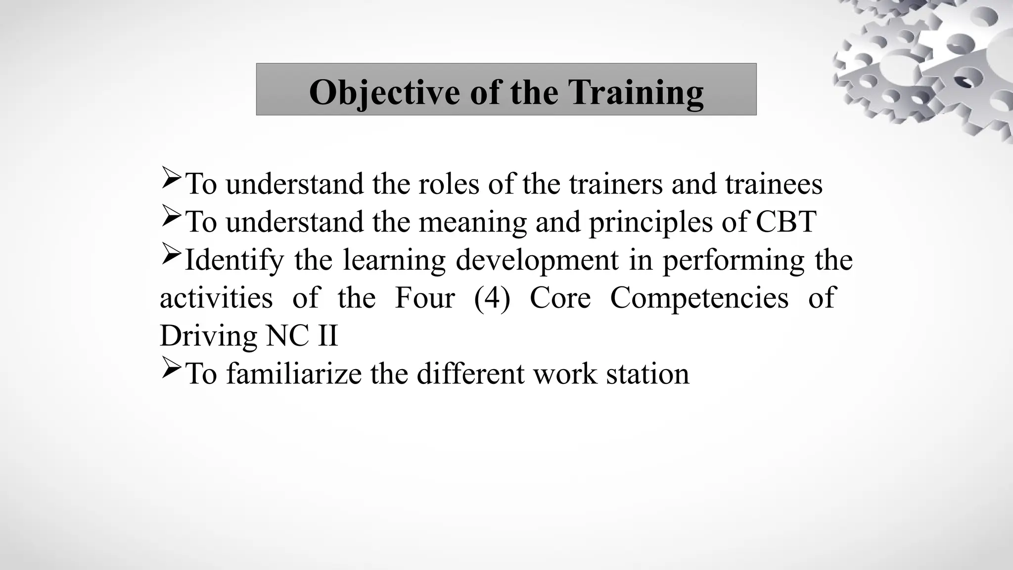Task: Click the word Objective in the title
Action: click(384, 92)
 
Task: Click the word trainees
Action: click(774, 184)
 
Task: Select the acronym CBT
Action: click(786, 222)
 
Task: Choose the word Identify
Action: click(234, 260)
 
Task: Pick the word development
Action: click(537, 260)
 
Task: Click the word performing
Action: click(734, 260)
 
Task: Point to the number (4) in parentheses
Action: click(492, 298)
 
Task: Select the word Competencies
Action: click(699, 298)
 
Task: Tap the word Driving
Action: click(208, 336)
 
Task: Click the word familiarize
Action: click(294, 374)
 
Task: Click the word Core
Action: click(560, 298)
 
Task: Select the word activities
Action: click(216, 298)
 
